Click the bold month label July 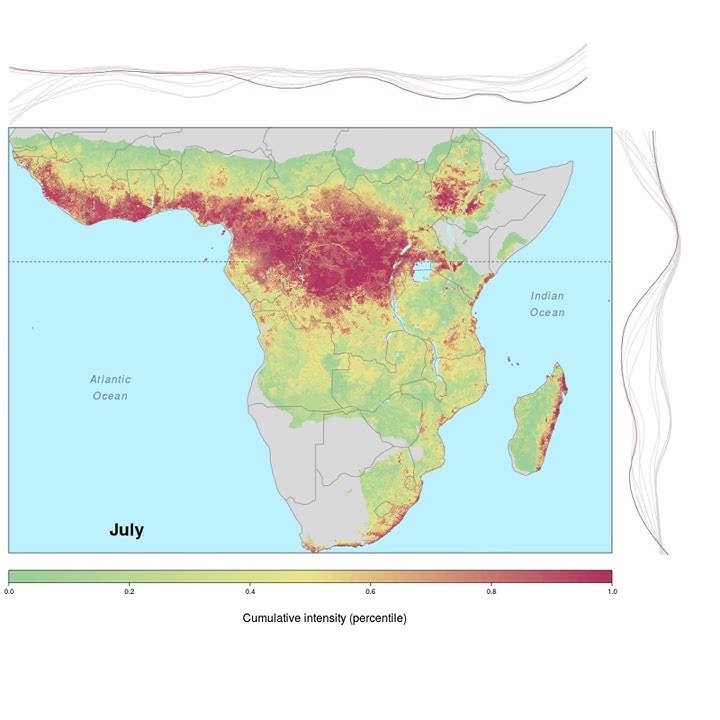click(126, 530)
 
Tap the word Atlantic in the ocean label click(110, 379)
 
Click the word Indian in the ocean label click(547, 296)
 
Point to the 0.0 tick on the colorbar click(9, 592)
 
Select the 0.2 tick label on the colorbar click(129, 592)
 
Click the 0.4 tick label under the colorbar click(250, 592)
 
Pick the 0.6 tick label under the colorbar click(370, 592)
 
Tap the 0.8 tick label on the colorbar click(491, 592)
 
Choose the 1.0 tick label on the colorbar click(611, 592)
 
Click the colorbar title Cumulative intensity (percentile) click(324, 618)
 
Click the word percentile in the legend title click(376, 618)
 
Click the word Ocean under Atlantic click(110, 396)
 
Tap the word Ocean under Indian click(547, 313)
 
